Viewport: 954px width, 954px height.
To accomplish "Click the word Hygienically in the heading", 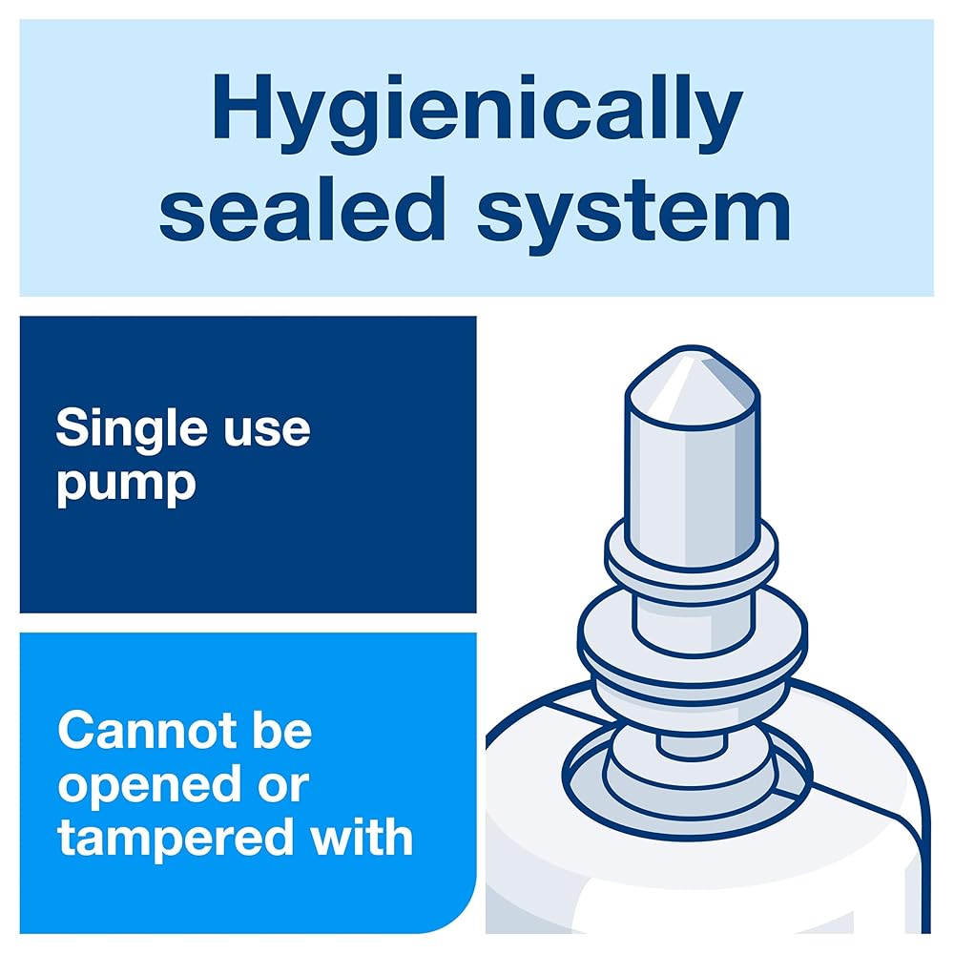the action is point(478,114).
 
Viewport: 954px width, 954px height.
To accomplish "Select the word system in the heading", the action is point(634,217).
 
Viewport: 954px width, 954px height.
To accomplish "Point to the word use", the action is point(267,431).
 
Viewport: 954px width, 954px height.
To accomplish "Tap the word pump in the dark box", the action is point(127,485).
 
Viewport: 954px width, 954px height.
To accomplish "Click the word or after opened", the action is point(283,787).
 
